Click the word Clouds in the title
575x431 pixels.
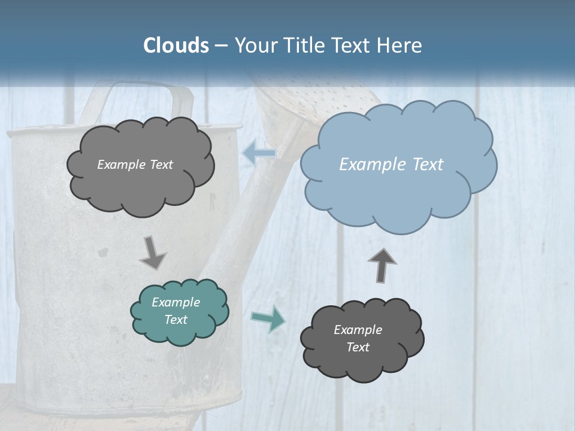coord(175,45)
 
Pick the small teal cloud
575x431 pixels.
coord(179,311)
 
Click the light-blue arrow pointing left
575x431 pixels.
coord(259,154)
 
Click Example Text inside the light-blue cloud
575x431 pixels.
coord(391,165)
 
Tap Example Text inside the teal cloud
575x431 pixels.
coord(175,311)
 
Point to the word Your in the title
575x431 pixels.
coord(255,45)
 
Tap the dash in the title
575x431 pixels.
coord(221,45)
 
